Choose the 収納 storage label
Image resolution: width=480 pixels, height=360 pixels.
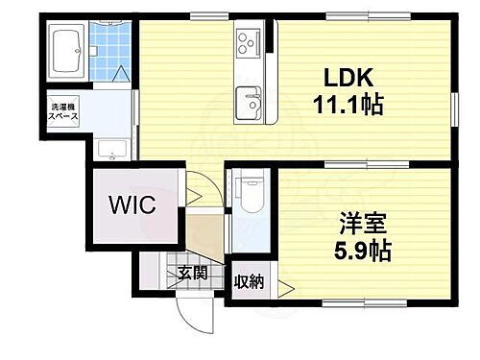tap(250, 282)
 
